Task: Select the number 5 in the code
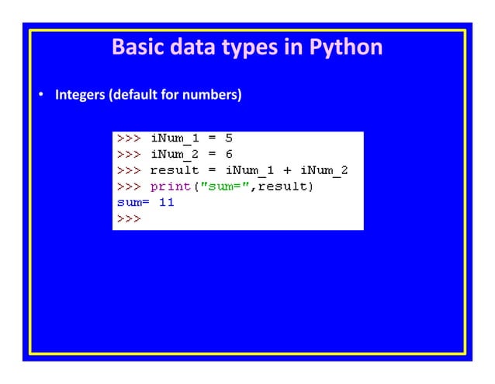229,138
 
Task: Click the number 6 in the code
229,154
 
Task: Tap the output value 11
166,202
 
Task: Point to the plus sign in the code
286,170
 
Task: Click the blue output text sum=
133,202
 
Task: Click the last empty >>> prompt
129,218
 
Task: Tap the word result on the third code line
174,170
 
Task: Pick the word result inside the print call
284,187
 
